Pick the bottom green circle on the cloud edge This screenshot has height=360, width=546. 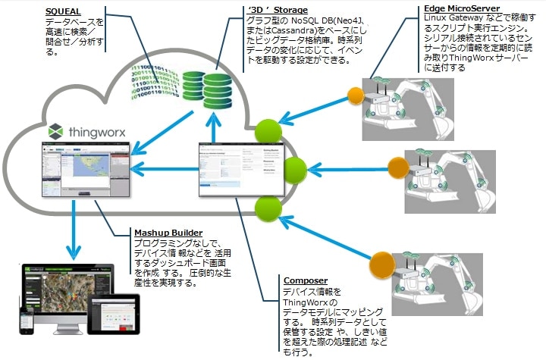click(268, 207)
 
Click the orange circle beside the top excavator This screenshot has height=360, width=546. click(356, 95)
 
